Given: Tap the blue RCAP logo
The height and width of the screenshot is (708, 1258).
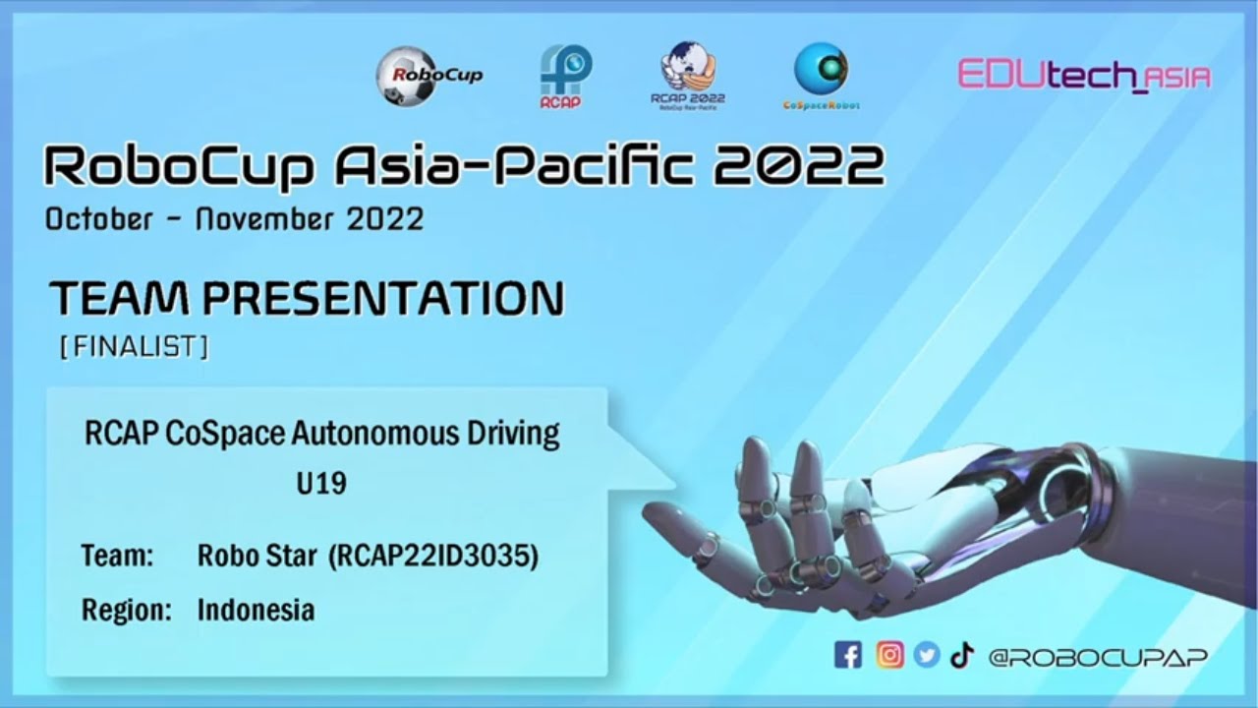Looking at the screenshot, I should click(x=566, y=76).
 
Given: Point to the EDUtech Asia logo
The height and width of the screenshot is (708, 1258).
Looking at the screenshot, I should click(x=1083, y=76).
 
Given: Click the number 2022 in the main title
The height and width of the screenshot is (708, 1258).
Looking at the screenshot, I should click(x=799, y=166).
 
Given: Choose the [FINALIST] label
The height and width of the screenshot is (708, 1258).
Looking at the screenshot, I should click(x=135, y=347).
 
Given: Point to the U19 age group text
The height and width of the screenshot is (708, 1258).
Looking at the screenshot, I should click(x=321, y=484).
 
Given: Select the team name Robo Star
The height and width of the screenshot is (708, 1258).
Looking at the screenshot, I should click(x=257, y=556).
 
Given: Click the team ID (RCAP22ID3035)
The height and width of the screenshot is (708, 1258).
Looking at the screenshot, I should click(x=433, y=557).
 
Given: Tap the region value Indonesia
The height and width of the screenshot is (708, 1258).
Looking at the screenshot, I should click(x=256, y=610).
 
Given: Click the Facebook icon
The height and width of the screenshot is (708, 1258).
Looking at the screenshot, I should click(x=847, y=656).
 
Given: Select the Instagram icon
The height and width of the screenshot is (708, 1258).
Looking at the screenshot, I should click(x=889, y=656).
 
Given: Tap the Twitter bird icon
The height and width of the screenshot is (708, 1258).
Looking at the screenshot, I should click(x=927, y=656).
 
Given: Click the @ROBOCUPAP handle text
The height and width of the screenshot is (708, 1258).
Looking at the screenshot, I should click(x=1098, y=657).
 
